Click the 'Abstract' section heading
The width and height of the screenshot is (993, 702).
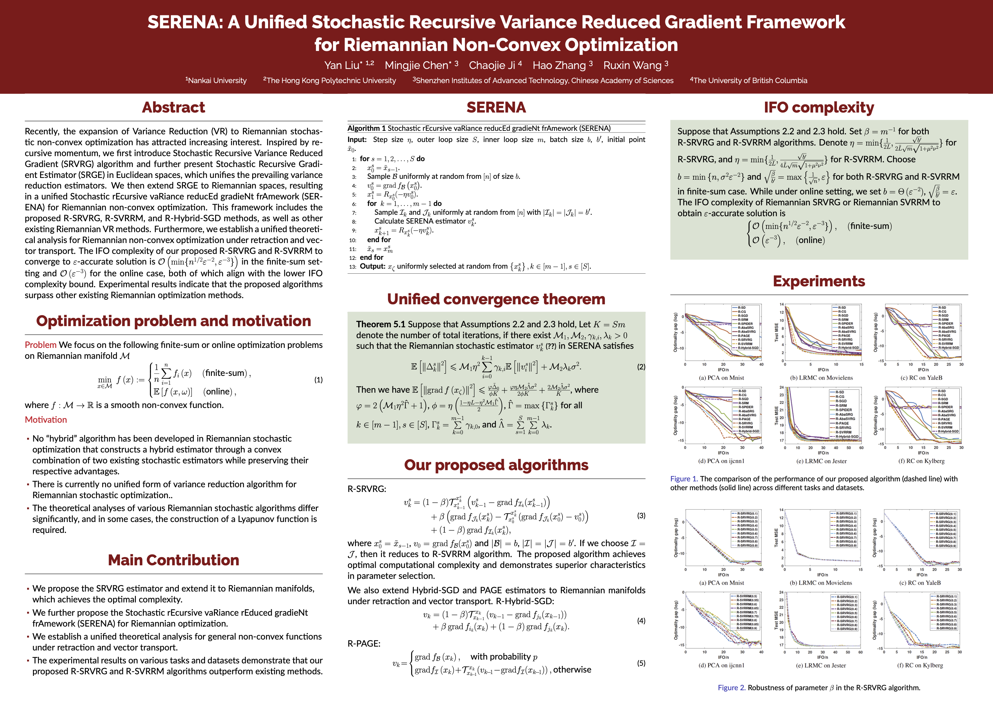(x=174, y=107)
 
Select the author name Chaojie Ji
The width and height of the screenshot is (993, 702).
(x=492, y=65)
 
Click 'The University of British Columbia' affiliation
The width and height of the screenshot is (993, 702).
(x=749, y=80)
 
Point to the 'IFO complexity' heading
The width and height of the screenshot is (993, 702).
(x=819, y=107)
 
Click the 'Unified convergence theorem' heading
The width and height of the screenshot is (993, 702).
(x=496, y=299)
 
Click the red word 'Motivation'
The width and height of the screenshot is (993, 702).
(x=46, y=420)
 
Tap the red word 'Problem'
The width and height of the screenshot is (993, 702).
(x=40, y=345)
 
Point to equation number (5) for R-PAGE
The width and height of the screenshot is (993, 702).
(x=641, y=663)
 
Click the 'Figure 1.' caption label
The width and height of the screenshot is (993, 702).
(x=684, y=479)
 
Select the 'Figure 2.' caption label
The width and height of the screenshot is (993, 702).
(x=732, y=688)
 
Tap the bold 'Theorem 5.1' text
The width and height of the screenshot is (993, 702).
(x=381, y=324)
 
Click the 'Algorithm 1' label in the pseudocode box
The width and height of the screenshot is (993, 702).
(x=366, y=128)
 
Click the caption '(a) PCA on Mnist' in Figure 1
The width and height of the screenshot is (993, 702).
(x=721, y=378)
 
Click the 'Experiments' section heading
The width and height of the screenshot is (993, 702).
(x=819, y=281)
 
